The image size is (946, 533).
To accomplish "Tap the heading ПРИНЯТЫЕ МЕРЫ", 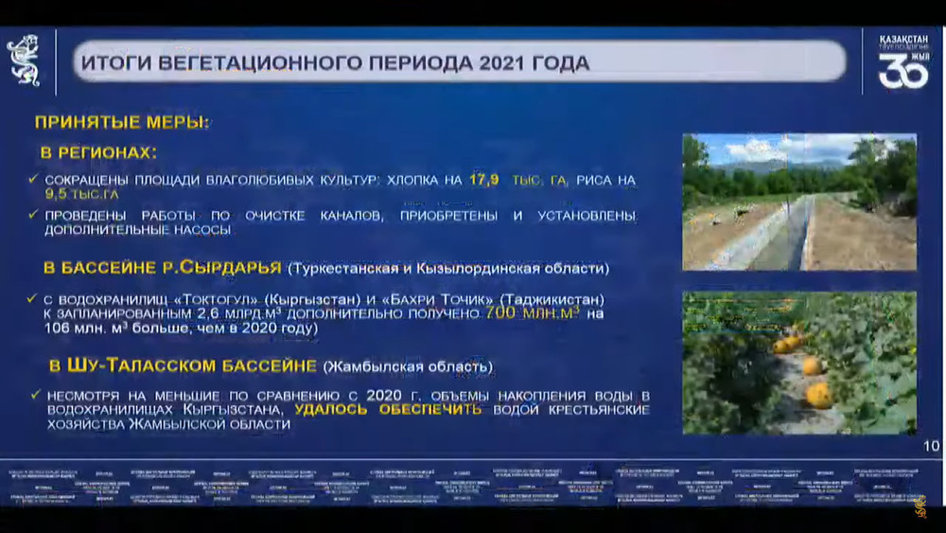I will tap(122, 122).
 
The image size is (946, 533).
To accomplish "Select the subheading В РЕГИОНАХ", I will tap(97, 152).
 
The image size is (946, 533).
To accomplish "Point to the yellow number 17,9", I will tap(484, 179).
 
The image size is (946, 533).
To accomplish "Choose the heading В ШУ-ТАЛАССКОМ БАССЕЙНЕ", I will tap(183, 365).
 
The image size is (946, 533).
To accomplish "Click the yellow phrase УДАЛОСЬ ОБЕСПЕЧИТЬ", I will tap(388, 410).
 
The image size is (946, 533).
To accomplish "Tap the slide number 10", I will tap(930, 446).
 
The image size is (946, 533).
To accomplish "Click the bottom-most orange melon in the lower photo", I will tap(818, 394).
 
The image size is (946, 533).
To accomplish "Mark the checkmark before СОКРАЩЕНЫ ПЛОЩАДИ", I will tap(34, 179).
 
